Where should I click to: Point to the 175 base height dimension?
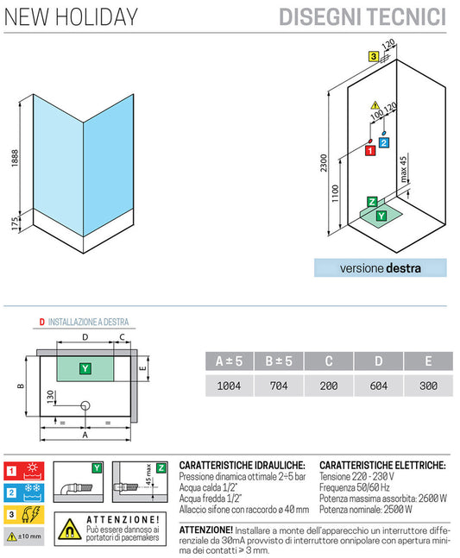pos(11,223)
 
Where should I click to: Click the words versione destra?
pos(381,268)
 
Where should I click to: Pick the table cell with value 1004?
pos(228,386)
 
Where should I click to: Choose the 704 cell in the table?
pos(279,386)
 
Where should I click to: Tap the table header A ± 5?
pos(228,361)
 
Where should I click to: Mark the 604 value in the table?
pos(378,386)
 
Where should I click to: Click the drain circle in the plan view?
pos(85,405)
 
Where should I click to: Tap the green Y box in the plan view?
pos(85,368)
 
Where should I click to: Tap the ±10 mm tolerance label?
pos(30,536)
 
